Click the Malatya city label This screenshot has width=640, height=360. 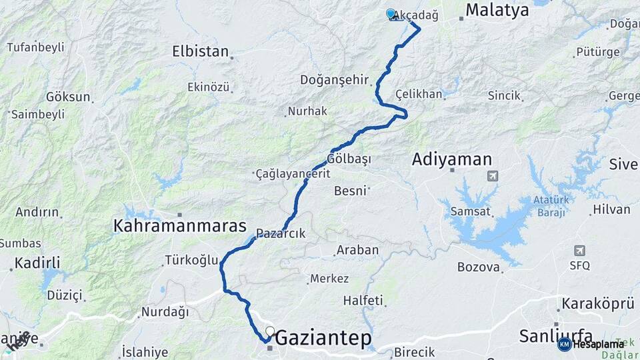[x=497, y=10]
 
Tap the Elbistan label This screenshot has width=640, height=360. [x=200, y=51]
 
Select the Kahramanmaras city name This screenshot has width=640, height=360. [x=180, y=226]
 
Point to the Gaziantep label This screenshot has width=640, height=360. [x=323, y=338]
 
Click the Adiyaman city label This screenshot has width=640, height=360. [x=452, y=159]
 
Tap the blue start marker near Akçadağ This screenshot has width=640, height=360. [x=391, y=13]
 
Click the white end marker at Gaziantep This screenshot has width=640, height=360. [x=270, y=331]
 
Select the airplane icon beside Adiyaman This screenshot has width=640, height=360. [x=492, y=176]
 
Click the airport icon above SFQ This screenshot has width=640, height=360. [x=579, y=251]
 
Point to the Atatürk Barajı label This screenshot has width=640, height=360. [x=549, y=206]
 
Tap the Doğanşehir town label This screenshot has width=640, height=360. [x=335, y=80]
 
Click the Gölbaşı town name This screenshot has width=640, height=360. [x=349, y=159]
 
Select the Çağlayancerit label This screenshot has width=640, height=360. [x=293, y=174]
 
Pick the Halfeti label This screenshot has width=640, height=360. [x=363, y=301]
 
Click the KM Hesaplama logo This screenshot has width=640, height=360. [x=591, y=344]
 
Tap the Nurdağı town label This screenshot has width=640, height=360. [x=165, y=311]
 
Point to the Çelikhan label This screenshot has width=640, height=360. [x=419, y=94]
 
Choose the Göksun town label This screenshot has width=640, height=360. [x=68, y=97]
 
